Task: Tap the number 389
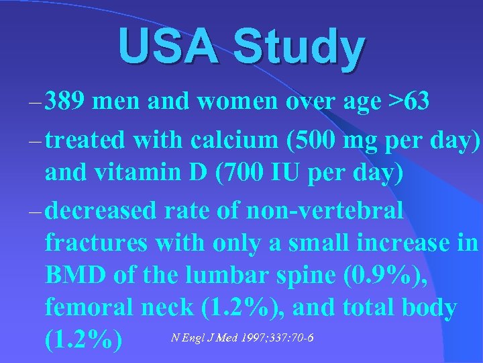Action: point(66,104)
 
